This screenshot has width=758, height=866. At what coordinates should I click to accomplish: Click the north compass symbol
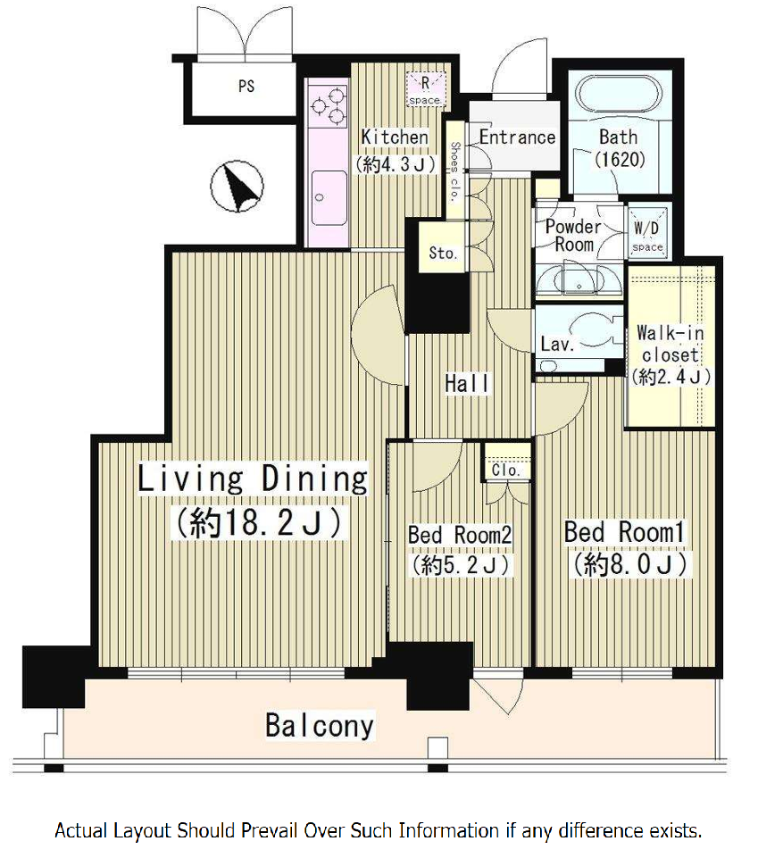[x=237, y=186]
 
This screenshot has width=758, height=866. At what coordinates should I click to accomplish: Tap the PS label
[x=246, y=87]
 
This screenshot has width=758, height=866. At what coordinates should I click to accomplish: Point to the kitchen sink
[x=329, y=197]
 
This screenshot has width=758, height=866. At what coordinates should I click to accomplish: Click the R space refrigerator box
[x=425, y=89]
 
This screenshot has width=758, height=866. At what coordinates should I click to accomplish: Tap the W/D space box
[x=647, y=236]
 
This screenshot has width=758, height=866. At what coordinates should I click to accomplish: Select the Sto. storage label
[x=443, y=253]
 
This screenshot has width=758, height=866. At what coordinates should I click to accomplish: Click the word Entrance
[x=517, y=137]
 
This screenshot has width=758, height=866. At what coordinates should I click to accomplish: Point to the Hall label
[x=467, y=383]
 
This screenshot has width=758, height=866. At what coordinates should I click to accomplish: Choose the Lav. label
[x=557, y=345]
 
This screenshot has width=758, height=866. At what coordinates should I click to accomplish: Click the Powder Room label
[x=573, y=235]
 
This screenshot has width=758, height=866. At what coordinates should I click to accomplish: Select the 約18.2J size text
[x=259, y=522]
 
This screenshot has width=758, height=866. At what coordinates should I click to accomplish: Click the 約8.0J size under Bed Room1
[x=630, y=564]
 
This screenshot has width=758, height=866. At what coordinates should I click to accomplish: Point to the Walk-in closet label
[x=671, y=344]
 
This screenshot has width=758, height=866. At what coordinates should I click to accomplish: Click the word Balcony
[x=320, y=726]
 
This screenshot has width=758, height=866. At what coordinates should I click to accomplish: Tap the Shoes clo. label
[x=454, y=171]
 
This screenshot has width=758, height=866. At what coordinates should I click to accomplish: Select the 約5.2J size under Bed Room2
[x=460, y=564]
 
